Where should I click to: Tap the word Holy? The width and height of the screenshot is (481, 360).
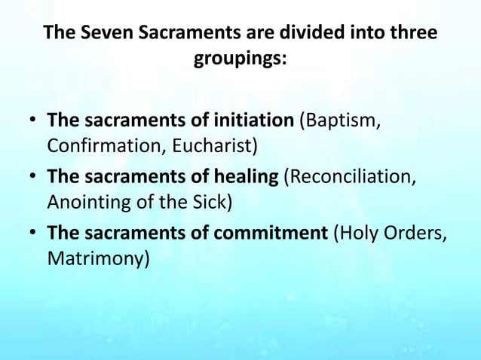pyautogui.click(x=358, y=235)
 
